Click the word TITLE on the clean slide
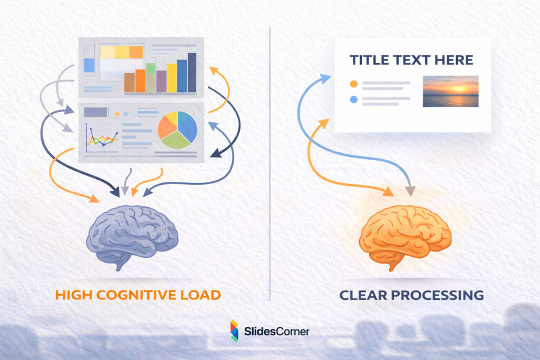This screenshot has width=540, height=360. (x=369, y=60)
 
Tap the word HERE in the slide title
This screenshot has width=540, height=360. (x=454, y=60)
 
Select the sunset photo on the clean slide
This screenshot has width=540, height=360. (x=450, y=91)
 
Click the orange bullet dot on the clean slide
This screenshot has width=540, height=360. (x=354, y=83)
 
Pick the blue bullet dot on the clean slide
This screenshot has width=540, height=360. (x=354, y=99)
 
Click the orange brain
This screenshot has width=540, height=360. (x=404, y=235)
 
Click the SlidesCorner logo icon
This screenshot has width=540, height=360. (x=234, y=330)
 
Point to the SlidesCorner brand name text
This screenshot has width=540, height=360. (x=277, y=331)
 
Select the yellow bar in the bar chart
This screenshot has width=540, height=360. (x=171, y=78)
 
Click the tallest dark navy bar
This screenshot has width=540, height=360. (x=192, y=73)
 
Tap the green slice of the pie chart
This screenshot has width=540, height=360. (x=175, y=139)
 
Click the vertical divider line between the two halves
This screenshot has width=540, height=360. (x=270, y=158)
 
